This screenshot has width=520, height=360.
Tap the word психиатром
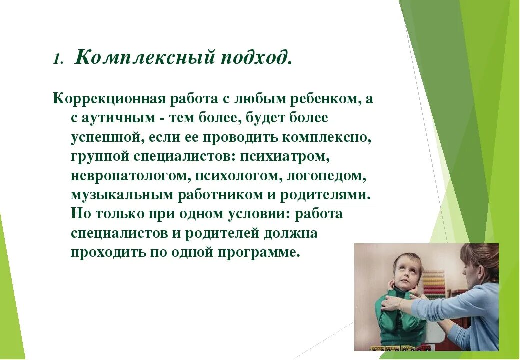(285, 157)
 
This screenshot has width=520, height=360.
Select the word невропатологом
(130, 175)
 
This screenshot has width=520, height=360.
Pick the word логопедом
(327, 175)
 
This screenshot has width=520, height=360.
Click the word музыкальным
(122, 195)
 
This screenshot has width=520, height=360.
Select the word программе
(259, 253)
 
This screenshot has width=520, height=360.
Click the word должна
(291, 233)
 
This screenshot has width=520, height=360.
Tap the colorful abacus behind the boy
(434, 285)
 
